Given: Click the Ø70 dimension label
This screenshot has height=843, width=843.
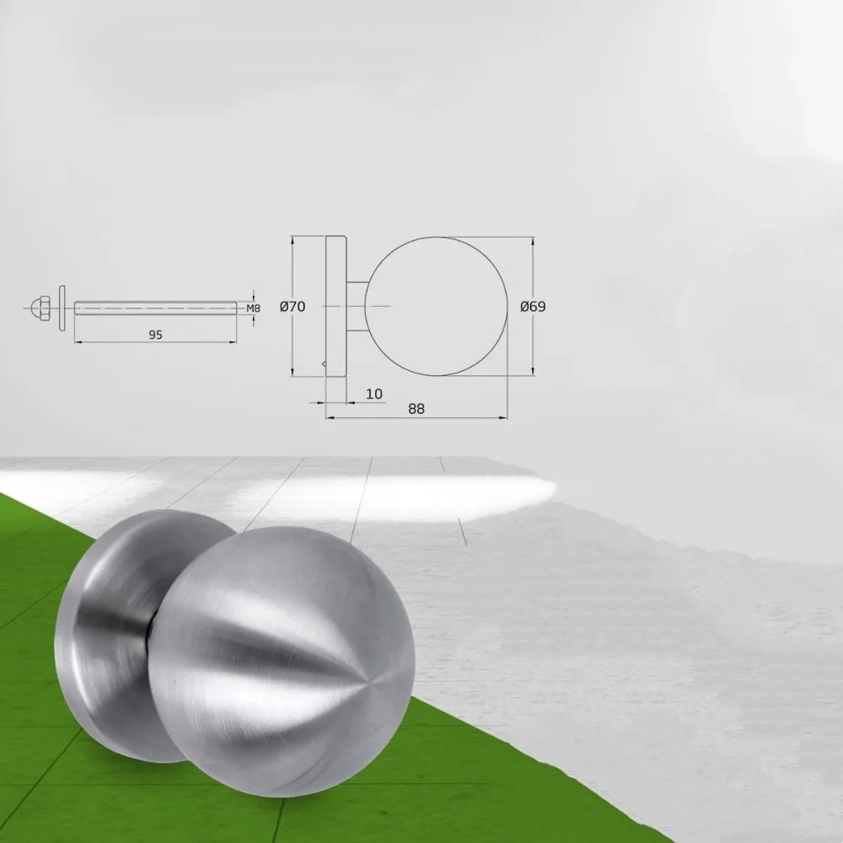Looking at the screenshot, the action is point(293,307).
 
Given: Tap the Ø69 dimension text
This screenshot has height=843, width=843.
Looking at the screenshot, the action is point(533,307).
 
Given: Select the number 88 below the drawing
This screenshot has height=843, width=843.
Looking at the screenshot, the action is point(416,409).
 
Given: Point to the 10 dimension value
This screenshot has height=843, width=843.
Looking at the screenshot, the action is point(374,394).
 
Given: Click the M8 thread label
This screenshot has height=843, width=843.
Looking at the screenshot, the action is point(253,309).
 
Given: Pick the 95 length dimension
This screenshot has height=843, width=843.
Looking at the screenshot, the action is point(155,335).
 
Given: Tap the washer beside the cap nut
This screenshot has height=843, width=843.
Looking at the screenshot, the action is point(62,308).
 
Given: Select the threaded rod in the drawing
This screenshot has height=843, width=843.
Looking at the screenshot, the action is point(155,308).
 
